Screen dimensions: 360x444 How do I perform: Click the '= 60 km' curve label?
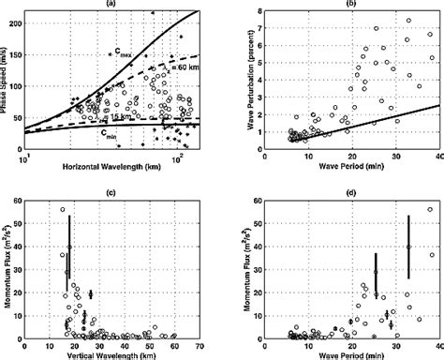tap(187, 68)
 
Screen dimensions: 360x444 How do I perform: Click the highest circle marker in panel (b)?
tap(407, 20)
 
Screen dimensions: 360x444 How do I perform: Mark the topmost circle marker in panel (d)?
tap(430, 210)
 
